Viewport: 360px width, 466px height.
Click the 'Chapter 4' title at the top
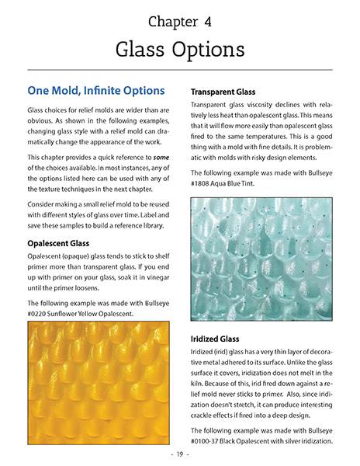(179, 21)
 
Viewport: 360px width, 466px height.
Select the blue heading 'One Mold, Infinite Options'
(95, 91)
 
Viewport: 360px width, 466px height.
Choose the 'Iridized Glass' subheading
(223, 339)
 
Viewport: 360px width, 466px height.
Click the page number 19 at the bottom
(180, 454)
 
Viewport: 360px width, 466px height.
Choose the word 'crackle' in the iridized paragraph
(208, 410)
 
